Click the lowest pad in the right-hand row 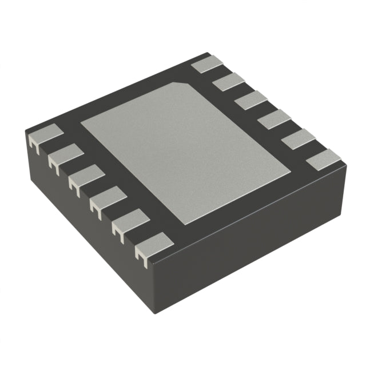323,160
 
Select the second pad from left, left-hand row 66,154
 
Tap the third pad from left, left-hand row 87,176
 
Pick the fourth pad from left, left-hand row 108,198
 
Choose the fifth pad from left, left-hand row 130,220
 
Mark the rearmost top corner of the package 208,54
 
